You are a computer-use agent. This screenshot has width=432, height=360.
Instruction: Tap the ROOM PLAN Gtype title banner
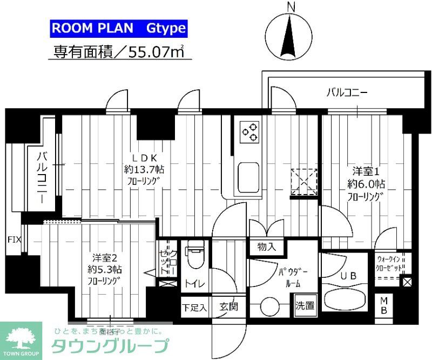[119, 29]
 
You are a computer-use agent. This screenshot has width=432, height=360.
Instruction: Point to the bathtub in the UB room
[346, 300]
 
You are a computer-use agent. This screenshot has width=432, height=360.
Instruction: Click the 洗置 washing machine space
[305, 305]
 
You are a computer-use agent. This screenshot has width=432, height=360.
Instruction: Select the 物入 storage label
[267, 247]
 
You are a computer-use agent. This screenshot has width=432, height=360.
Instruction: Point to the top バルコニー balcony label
[347, 92]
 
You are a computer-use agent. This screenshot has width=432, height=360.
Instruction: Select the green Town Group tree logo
[21, 338]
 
